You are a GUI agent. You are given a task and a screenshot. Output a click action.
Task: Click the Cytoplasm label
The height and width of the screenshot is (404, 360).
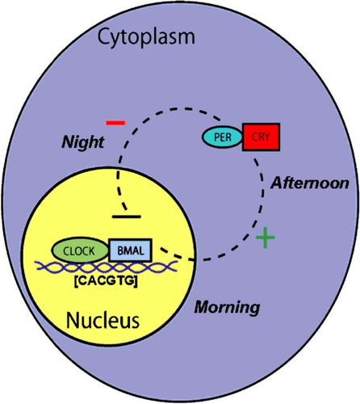[x=146, y=38]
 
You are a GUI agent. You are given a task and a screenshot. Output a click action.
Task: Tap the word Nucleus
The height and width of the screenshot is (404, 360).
[x=103, y=321]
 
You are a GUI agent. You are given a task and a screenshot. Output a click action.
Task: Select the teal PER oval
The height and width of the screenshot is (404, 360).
[x=223, y=137]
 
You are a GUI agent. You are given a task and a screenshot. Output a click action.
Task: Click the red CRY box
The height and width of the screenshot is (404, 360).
[x=261, y=137]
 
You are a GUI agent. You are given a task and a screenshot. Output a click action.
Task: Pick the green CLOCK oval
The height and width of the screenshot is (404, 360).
[x=80, y=250]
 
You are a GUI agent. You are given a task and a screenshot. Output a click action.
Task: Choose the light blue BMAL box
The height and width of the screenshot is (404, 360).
[x=131, y=250]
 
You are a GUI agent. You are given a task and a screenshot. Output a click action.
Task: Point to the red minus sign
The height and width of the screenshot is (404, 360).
[x=115, y=123]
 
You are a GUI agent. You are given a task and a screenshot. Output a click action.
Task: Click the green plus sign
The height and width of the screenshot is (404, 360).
[x=266, y=238]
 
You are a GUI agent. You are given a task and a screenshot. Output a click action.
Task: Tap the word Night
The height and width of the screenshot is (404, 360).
[x=83, y=142]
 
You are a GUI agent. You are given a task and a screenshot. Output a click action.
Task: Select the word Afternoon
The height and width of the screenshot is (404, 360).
[x=310, y=183]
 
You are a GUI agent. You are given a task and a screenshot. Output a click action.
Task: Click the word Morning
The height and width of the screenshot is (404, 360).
[x=227, y=307]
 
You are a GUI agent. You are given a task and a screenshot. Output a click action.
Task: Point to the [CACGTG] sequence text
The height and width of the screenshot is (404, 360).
[x=106, y=281]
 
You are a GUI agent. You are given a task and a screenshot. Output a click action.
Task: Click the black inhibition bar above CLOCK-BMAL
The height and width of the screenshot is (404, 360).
[x=127, y=217]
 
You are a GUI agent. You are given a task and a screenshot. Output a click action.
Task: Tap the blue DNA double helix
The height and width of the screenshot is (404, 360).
[x=107, y=267]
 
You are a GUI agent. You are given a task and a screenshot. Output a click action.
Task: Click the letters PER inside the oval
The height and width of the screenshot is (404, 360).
[x=223, y=137]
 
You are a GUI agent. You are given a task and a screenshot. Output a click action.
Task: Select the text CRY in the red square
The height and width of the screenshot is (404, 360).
[x=261, y=137]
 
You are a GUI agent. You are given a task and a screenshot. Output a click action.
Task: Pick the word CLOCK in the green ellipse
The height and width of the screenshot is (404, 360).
[x=79, y=251]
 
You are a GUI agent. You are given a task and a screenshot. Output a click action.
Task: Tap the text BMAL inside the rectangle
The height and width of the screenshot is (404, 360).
[x=131, y=250]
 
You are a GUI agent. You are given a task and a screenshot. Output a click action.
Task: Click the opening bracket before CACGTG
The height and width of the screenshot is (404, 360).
[x=75, y=281]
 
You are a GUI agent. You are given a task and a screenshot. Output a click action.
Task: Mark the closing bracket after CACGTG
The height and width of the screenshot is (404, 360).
[x=136, y=281]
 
